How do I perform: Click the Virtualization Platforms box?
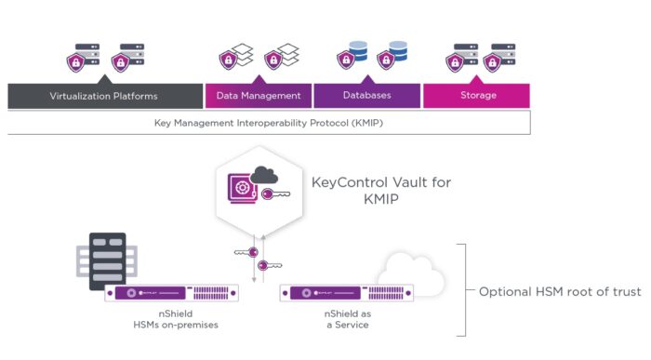(x=104, y=96)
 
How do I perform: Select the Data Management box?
(x=258, y=96)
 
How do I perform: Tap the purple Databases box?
(x=366, y=96)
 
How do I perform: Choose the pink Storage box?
(x=477, y=96)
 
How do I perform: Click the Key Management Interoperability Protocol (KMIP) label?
(x=269, y=123)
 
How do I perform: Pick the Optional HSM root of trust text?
(x=559, y=292)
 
